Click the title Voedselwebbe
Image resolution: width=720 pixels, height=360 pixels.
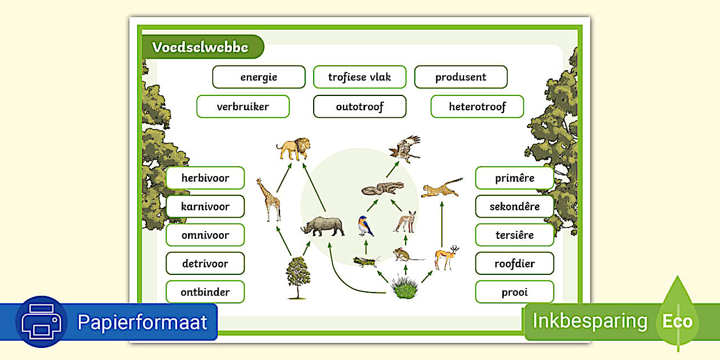pyautogui.click(x=200, y=47)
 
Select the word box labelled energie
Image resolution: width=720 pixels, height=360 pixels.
pyautogui.click(x=259, y=77)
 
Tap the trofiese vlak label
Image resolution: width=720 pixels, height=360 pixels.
pyautogui.click(x=359, y=77)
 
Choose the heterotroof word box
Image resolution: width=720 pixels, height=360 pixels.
pyautogui.click(x=477, y=106)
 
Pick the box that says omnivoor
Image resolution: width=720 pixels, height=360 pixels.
pyautogui.click(x=205, y=235)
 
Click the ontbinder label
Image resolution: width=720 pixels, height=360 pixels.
pyautogui.click(x=205, y=292)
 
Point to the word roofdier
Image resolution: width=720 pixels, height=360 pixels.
pyautogui.click(x=515, y=264)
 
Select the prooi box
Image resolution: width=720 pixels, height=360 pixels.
pyautogui.click(x=515, y=292)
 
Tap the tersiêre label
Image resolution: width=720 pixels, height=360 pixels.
pyautogui.click(x=515, y=235)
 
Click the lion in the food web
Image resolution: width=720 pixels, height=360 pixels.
pyautogui.click(x=294, y=149)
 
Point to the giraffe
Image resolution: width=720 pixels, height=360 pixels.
pyautogui.click(x=269, y=199)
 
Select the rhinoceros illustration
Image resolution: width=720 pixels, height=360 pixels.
pyautogui.click(x=322, y=226)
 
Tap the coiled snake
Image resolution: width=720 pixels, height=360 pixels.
pyautogui.click(x=382, y=189)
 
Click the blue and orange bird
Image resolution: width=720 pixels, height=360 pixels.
pyautogui.click(x=366, y=226)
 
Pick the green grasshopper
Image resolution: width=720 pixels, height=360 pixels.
pyautogui.click(x=366, y=261)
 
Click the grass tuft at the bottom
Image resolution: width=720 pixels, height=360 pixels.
pyautogui.click(x=405, y=287)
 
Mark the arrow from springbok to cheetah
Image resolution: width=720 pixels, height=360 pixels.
pyautogui.click(x=442, y=224)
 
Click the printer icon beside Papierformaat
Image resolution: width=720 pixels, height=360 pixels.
pyautogui.click(x=41, y=321)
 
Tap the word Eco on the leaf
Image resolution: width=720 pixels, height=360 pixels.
pyautogui.click(x=677, y=321)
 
